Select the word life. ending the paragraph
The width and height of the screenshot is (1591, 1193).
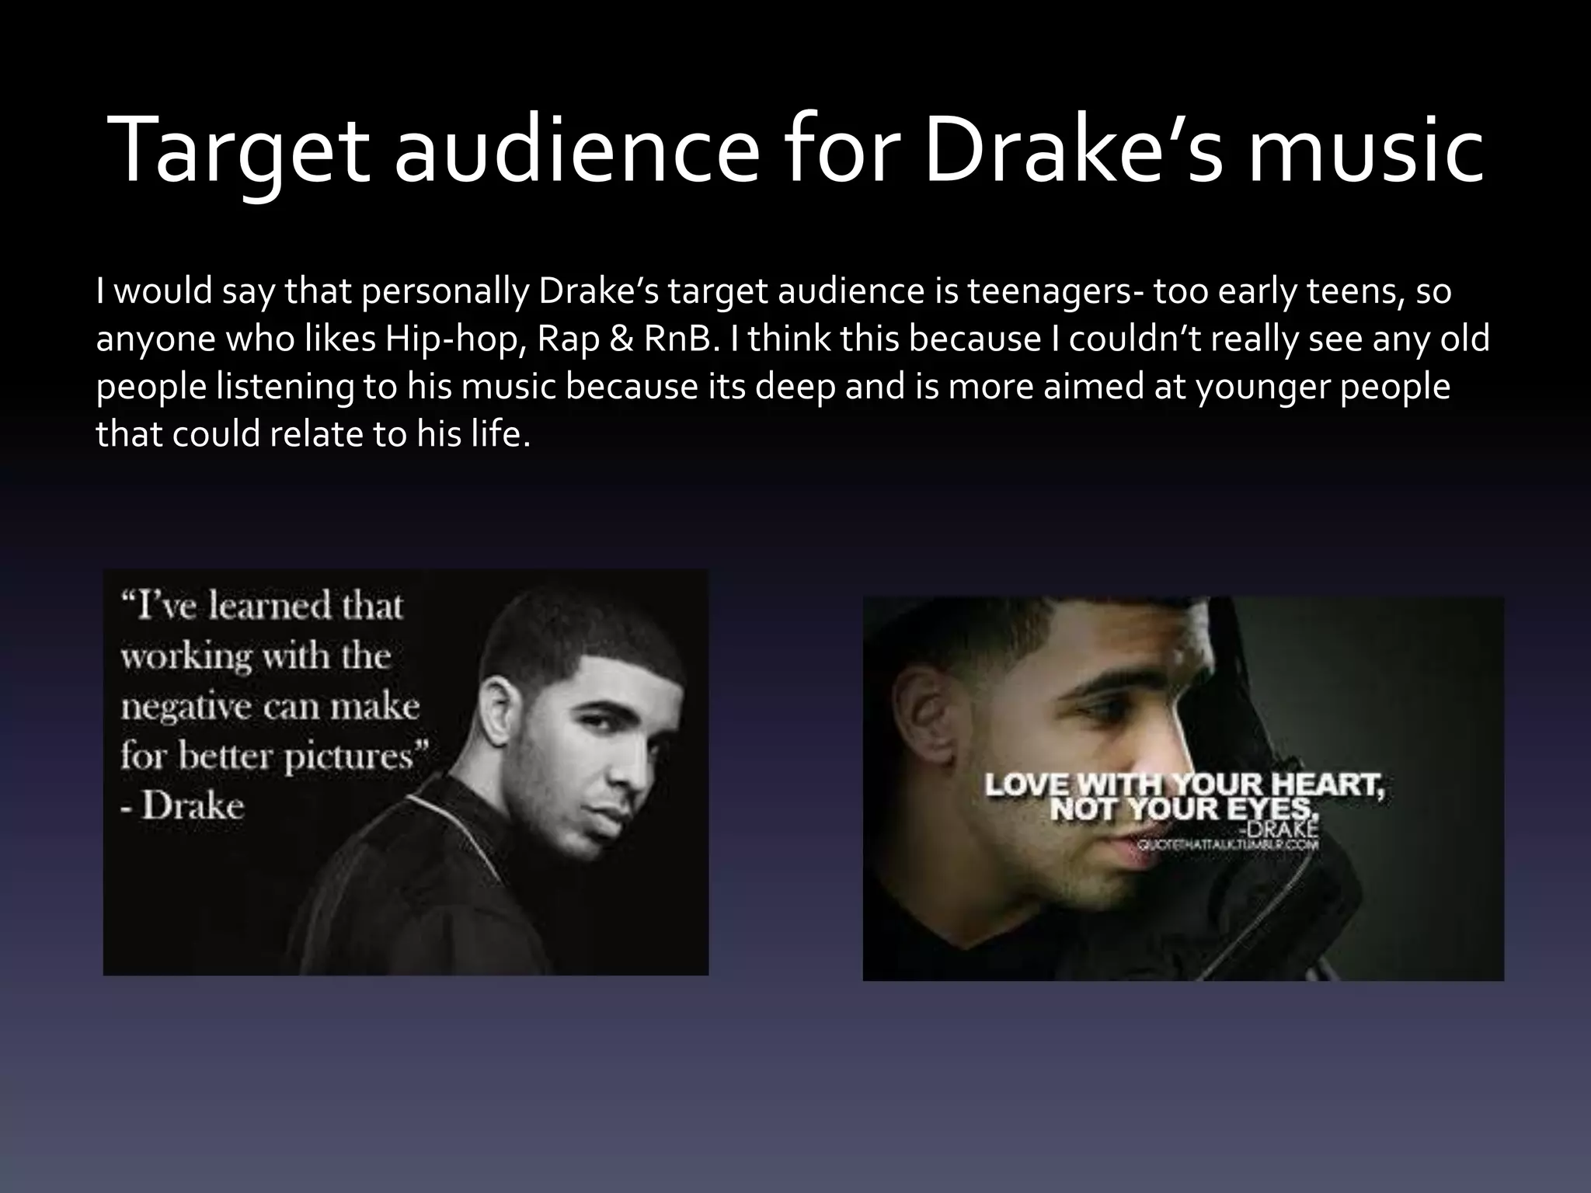pyautogui.click(x=500, y=434)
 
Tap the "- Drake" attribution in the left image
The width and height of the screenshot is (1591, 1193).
pyautogui.click(x=183, y=806)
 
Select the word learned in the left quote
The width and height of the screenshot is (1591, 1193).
pyautogui.click(x=263, y=607)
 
